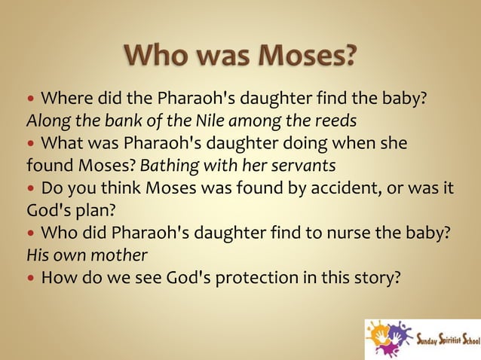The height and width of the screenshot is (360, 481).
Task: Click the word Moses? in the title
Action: (307, 56)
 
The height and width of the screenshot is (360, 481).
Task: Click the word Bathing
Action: (168, 164)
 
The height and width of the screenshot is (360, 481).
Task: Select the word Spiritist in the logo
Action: (445, 338)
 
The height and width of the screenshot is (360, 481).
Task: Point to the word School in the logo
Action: (469, 338)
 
